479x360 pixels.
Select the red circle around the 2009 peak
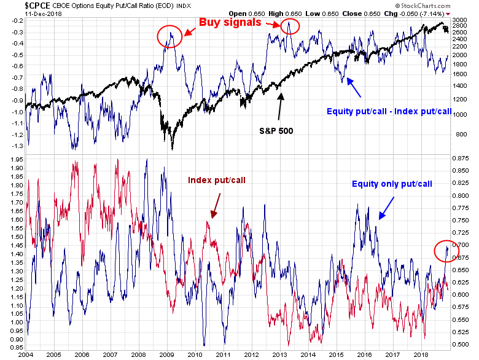coord(170,37)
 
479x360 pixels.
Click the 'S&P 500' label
coord(275,131)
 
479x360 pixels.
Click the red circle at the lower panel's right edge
coord(444,251)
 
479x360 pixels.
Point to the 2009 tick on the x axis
coord(166,354)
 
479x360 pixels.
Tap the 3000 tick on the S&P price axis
coord(459,20)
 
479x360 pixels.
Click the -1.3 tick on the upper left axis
coord(12,145)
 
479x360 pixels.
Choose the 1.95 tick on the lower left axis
coord(12,167)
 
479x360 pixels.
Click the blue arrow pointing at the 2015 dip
coord(354,90)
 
